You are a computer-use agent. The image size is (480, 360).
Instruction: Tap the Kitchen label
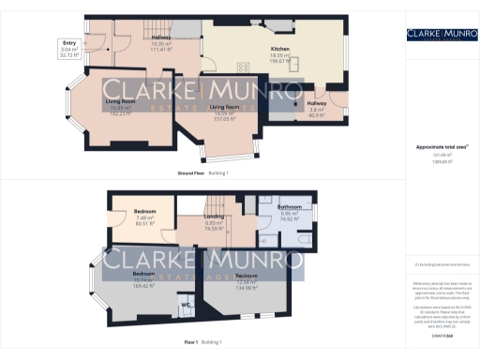coord(280,48)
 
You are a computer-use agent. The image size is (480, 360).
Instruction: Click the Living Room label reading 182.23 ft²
coord(119,100)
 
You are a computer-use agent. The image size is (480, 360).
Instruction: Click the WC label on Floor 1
coord(185,303)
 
